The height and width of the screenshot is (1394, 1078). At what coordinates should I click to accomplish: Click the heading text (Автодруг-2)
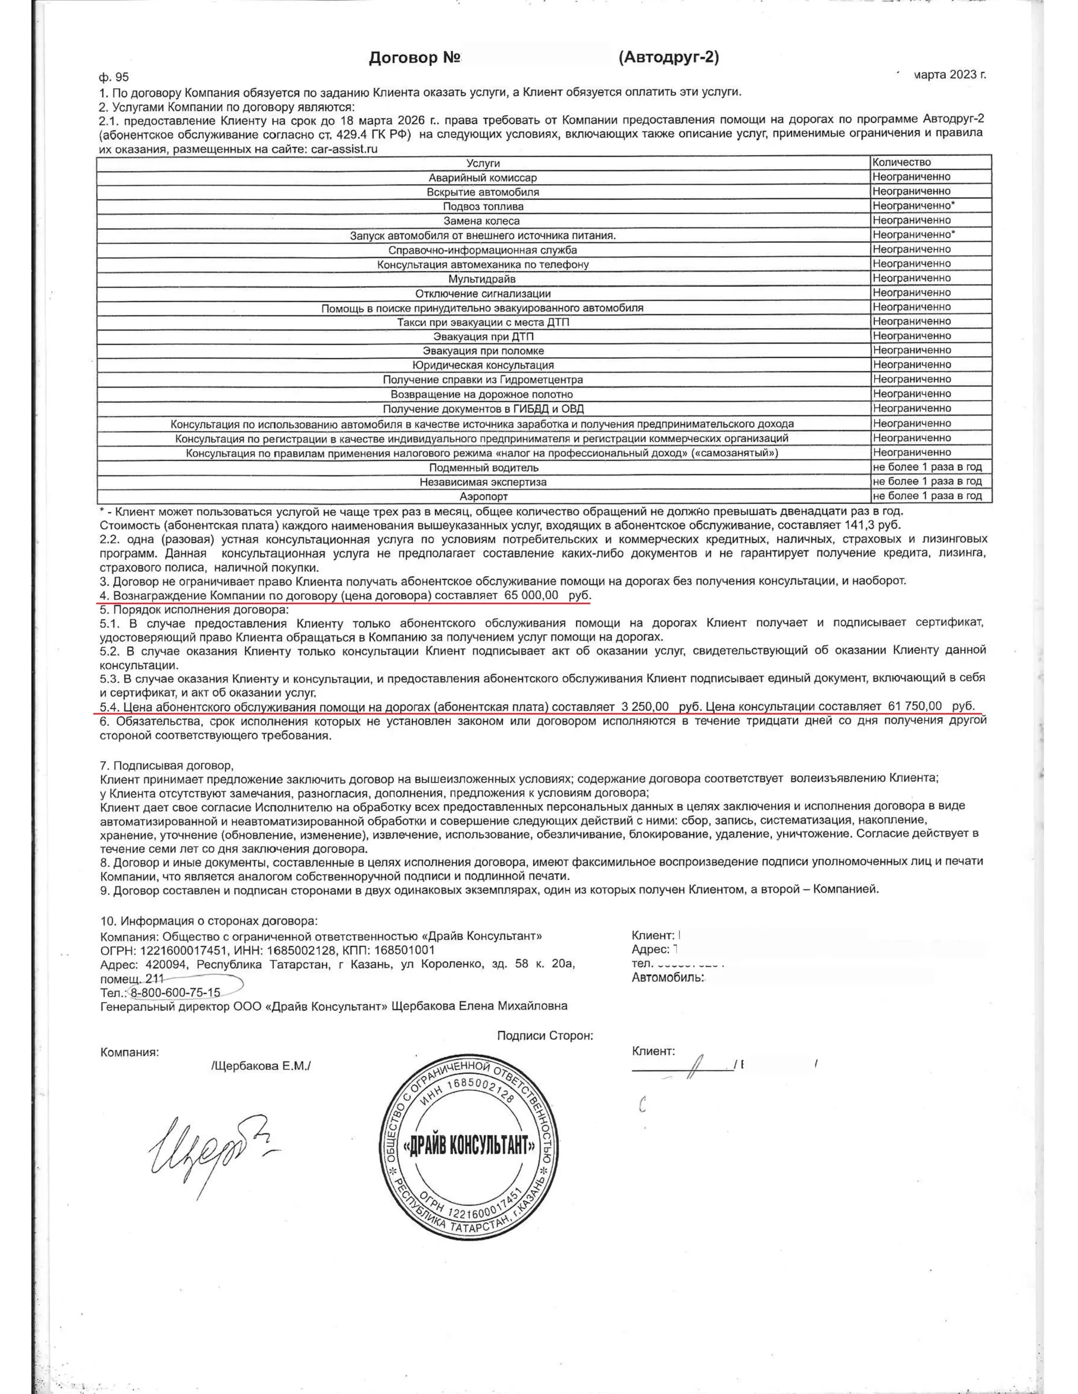(668, 57)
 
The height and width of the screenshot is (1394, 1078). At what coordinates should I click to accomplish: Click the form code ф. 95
(114, 77)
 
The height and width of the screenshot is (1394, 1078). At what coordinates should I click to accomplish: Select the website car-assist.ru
(336, 149)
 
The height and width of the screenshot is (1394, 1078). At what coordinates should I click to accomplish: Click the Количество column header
(901, 162)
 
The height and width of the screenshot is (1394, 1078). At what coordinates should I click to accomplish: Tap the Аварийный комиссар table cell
(482, 178)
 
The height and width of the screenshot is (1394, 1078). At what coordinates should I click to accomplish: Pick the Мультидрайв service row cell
(482, 279)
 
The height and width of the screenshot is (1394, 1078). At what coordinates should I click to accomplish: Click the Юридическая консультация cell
(482, 365)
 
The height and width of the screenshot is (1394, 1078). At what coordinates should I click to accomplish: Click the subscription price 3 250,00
(644, 707)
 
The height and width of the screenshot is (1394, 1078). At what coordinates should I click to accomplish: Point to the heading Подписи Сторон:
(545, 1035)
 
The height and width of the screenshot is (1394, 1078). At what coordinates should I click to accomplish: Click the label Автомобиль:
(668, 977)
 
